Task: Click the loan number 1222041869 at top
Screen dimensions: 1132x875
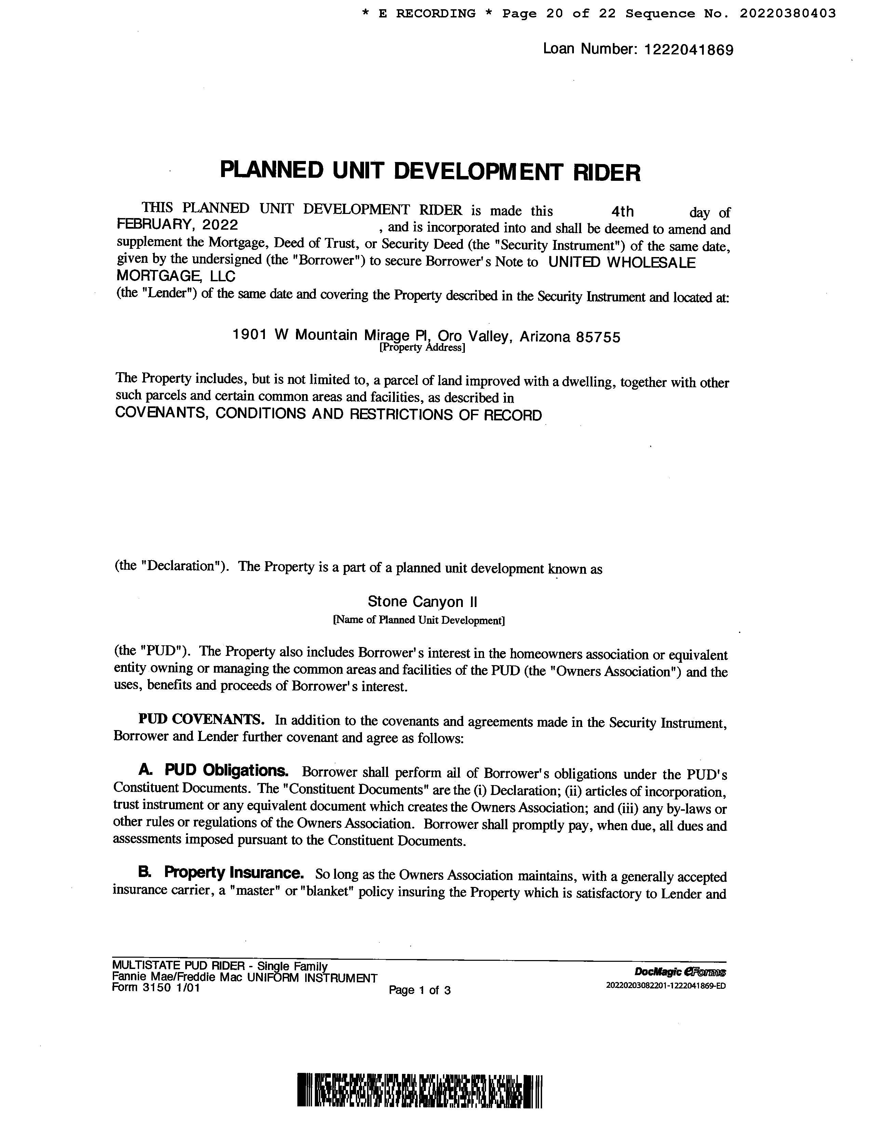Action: click(x=688, y=50)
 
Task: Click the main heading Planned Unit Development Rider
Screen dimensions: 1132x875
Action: click(x=430, y=172)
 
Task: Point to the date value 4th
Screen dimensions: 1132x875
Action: click(x=622, y=212)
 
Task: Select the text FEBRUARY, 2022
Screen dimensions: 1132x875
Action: click(x=177, y=225)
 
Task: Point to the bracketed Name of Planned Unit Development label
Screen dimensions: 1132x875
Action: click(x=418, y=620)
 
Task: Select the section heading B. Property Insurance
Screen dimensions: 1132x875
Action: click(x=221, y=873)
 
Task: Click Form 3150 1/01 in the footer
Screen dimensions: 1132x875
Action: click(x=156, y=988)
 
